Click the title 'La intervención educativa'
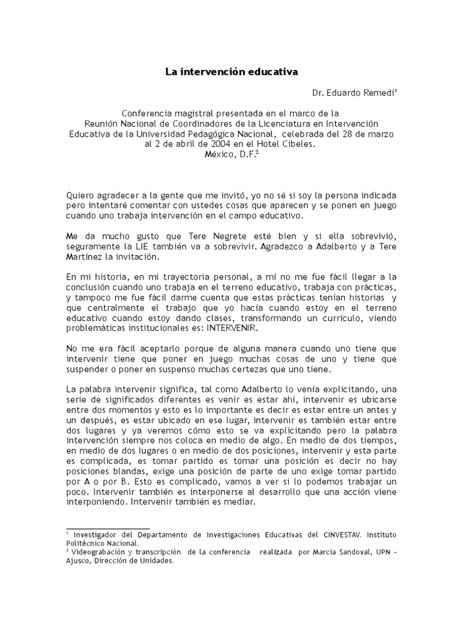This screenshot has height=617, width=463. tap(232, 72)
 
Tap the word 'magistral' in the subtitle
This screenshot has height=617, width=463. tap(197, 113)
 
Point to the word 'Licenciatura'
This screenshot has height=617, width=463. tap(296, 124)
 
